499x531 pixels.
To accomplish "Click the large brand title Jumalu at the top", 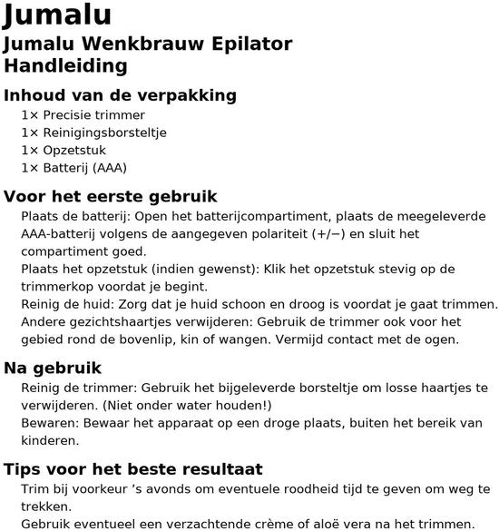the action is pos(58,15).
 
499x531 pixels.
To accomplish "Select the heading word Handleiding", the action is pos(65,65).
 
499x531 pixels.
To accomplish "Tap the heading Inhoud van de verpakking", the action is pos(121,95).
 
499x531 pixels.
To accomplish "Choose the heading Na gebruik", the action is pos(65,368).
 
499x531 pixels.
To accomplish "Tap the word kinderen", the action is pos(49,440).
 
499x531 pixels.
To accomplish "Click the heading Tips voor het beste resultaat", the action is pos(133,469).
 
